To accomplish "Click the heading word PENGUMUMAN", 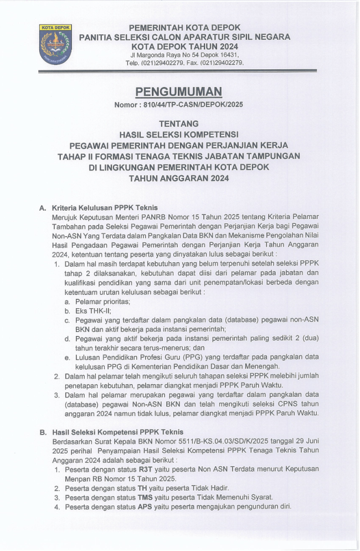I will pos(179,91).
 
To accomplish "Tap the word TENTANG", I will pos(178,123).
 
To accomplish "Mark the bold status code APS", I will pos(146,507).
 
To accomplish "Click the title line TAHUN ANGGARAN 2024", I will pos(178,178).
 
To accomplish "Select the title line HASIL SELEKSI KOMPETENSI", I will pos(179,134).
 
